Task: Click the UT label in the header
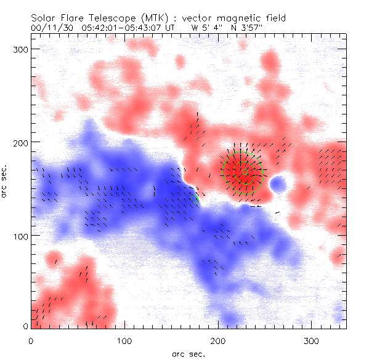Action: [167, 27]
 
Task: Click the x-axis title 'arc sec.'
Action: [188, 354]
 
